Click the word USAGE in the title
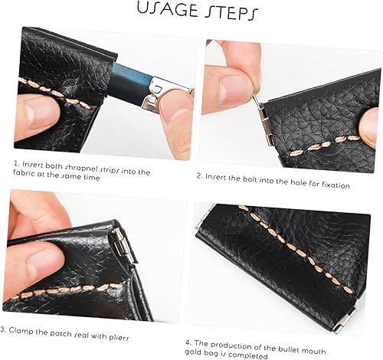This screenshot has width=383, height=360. (x=167, y=9)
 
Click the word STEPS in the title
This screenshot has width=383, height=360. (x=231, y=12)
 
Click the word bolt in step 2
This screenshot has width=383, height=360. (x=250, y=179)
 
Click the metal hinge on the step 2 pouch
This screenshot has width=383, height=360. (x=266, y=124)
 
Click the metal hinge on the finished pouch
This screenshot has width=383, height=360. (x=345, y=320)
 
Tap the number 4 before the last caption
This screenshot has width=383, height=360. (x=188, y=342)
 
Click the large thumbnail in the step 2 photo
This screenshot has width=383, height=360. (x=236, y=88)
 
